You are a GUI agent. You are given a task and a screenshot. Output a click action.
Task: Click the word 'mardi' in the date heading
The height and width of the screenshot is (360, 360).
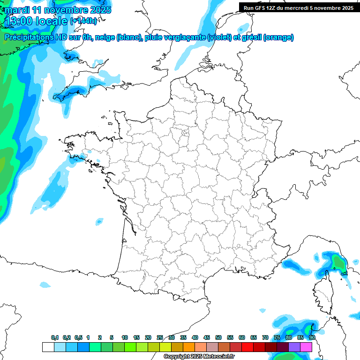(x=17, y=10)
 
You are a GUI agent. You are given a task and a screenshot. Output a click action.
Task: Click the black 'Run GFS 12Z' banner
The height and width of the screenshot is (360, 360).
(x=299, y=7)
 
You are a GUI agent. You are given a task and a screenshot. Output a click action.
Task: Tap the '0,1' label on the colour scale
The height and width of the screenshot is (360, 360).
(x=55, y=337)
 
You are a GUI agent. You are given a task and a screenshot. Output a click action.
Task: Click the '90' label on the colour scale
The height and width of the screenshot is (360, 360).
(x=312, y=337)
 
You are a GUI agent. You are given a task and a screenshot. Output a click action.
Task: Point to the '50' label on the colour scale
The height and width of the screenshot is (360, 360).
(x=218, y=337)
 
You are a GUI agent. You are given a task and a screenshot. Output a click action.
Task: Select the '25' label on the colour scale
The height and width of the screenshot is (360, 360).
(x=160, y=337)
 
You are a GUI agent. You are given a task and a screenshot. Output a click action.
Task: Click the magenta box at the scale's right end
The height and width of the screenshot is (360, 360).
(x=306, y=347)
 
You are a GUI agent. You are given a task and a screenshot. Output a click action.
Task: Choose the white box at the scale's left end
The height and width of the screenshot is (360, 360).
(x=48, y=347)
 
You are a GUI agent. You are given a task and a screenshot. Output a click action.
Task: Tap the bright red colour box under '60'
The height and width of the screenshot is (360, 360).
(x=247, y=347)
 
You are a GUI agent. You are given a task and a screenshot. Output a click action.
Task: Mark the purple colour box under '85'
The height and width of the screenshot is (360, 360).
(x=294, y=347)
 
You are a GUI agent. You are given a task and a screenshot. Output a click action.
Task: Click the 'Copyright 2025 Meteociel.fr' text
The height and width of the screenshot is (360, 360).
(x=199, y=357)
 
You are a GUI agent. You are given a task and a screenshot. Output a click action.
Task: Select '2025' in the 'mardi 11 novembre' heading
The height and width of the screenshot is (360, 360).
(x=100, y=10)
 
